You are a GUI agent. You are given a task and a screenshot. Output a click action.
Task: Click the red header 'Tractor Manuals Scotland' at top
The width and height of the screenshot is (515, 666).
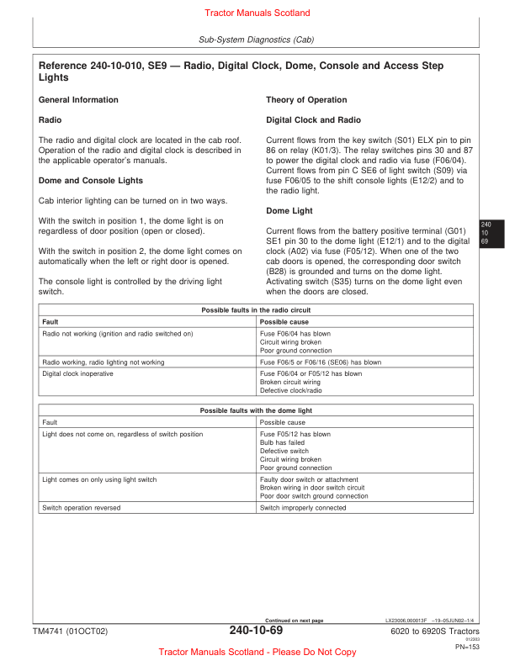tap(257, 13)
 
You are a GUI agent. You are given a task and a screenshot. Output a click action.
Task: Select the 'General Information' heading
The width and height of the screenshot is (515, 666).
tap(78, 100)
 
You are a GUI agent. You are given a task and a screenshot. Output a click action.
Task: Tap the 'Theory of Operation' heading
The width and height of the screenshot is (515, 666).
tap(306, 100)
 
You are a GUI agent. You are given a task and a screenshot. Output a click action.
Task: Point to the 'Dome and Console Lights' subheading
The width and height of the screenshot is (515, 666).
tap(91, 181)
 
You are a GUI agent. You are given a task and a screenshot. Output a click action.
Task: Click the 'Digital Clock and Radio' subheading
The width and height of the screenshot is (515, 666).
tap(313, 120)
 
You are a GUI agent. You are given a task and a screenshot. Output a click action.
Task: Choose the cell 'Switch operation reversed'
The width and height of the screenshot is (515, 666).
tap(81, 508)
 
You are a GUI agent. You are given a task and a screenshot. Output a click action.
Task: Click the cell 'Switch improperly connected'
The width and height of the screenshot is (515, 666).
tap(303, 508)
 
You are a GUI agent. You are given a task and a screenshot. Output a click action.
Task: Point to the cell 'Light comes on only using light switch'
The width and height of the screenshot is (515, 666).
tap(99, 479)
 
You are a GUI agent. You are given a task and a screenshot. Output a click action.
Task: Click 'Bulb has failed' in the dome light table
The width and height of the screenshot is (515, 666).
tap(282, 443)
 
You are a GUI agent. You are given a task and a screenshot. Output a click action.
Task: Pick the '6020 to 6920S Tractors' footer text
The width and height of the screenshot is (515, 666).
tap(435, 632)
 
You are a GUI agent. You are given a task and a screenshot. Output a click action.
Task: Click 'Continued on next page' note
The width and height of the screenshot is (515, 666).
tap(294, 621)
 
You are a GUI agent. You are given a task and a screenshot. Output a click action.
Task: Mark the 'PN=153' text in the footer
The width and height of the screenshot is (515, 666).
tap(467, 647)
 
